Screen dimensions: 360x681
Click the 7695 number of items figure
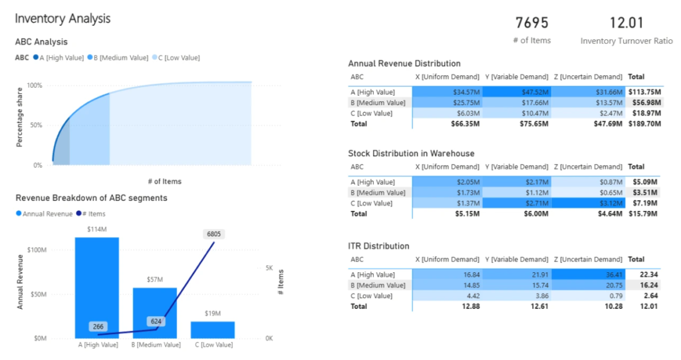point(532,23)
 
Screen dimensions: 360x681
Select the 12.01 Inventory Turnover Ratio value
point(626,23)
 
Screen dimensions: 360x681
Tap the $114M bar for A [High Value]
point(96,286)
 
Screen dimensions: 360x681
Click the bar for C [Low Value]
point(212,329)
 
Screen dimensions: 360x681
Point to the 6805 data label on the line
point(215,234)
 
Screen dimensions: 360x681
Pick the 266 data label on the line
point(98,326)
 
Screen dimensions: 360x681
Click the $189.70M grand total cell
point(644,124)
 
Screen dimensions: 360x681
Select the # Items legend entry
point(90,214)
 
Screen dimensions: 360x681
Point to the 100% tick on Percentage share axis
point(34,86)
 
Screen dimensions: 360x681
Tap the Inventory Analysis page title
point(63,19)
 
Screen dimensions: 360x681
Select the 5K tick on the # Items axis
point(269,268)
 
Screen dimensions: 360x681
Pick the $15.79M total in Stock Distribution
point(644,214)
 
